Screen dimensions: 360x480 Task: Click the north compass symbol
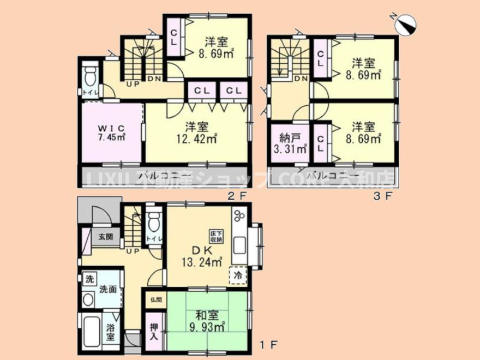[x=405, y=24]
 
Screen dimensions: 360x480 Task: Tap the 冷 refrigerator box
[x=239, y=275]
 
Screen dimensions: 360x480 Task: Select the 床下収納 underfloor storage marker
[x=215, y=236]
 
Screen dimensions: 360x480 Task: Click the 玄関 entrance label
[x=105, y=237]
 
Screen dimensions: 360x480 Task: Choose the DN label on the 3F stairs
[x=300, y=79]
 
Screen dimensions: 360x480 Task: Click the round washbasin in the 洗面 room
[x=88, y=299]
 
